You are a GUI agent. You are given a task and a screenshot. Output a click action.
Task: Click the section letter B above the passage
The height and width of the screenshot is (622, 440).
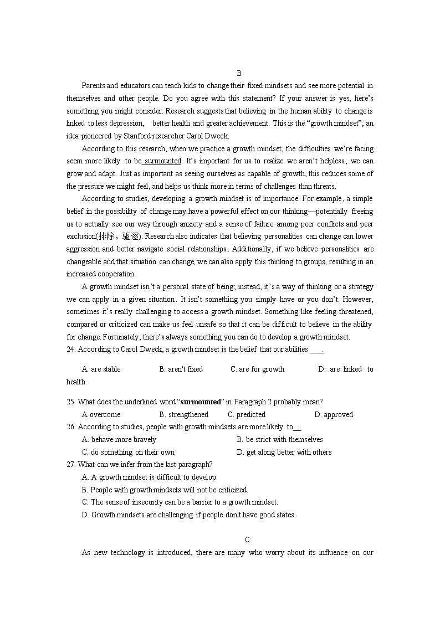(239, 73)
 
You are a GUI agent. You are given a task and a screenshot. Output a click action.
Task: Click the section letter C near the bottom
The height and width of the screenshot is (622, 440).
(247, 540)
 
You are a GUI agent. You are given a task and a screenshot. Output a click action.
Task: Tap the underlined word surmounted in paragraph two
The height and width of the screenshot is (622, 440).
(162, 161)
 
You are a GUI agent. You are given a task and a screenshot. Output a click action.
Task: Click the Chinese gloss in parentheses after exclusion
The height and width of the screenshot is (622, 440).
(117, 237)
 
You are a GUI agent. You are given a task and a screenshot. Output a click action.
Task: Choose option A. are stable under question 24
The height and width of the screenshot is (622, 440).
(101, 369)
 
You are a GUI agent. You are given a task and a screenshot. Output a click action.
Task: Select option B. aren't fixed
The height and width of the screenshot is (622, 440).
(181, 369)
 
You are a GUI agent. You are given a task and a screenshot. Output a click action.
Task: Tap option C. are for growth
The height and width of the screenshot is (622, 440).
(257, 369)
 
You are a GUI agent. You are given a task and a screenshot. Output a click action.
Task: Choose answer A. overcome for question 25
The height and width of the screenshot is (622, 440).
(101, 414)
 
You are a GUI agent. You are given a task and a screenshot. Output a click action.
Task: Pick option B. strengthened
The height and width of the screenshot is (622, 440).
(183, 414)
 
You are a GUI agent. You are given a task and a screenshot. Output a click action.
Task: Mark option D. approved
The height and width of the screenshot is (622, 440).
(333, 414)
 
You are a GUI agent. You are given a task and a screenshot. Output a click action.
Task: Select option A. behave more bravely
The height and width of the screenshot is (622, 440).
(119, 440)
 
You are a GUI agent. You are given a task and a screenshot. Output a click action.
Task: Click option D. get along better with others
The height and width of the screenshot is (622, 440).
(284, 453)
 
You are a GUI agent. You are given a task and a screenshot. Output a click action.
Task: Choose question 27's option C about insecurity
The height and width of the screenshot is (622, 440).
(180, 502)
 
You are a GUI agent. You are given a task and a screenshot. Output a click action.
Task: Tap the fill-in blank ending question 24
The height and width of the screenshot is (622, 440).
(316, 350)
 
